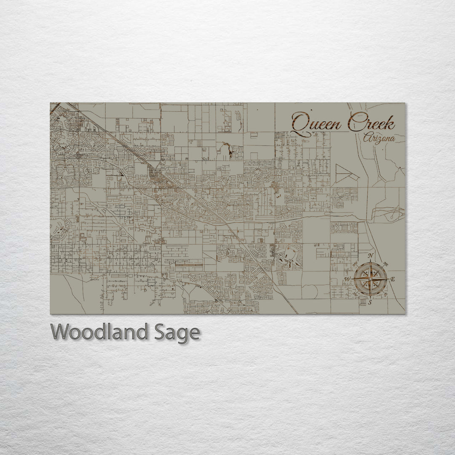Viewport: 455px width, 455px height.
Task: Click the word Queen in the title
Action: click(x=318, y=123)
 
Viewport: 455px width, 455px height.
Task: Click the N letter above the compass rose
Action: click(x=370, y=256)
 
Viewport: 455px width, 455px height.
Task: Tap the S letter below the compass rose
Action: click(x=370, y=302)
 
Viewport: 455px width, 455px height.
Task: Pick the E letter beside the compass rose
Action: click(x=393, y=279)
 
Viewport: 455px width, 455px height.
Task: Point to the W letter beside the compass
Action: click(x=347, y=279)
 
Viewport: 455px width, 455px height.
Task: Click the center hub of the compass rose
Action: click(x=370, y=279)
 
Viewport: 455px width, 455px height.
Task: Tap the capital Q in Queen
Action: click(x=300, y=123)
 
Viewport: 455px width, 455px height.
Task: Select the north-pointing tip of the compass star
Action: click(x=370, y=264)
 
